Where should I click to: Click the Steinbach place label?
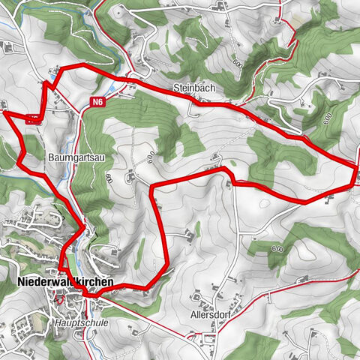[x=194, y=88]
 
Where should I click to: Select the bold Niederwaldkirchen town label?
[x=64, y=282]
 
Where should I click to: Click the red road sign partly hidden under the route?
[x=32, y=117]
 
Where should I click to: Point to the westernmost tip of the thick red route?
[x=2, y=112]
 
